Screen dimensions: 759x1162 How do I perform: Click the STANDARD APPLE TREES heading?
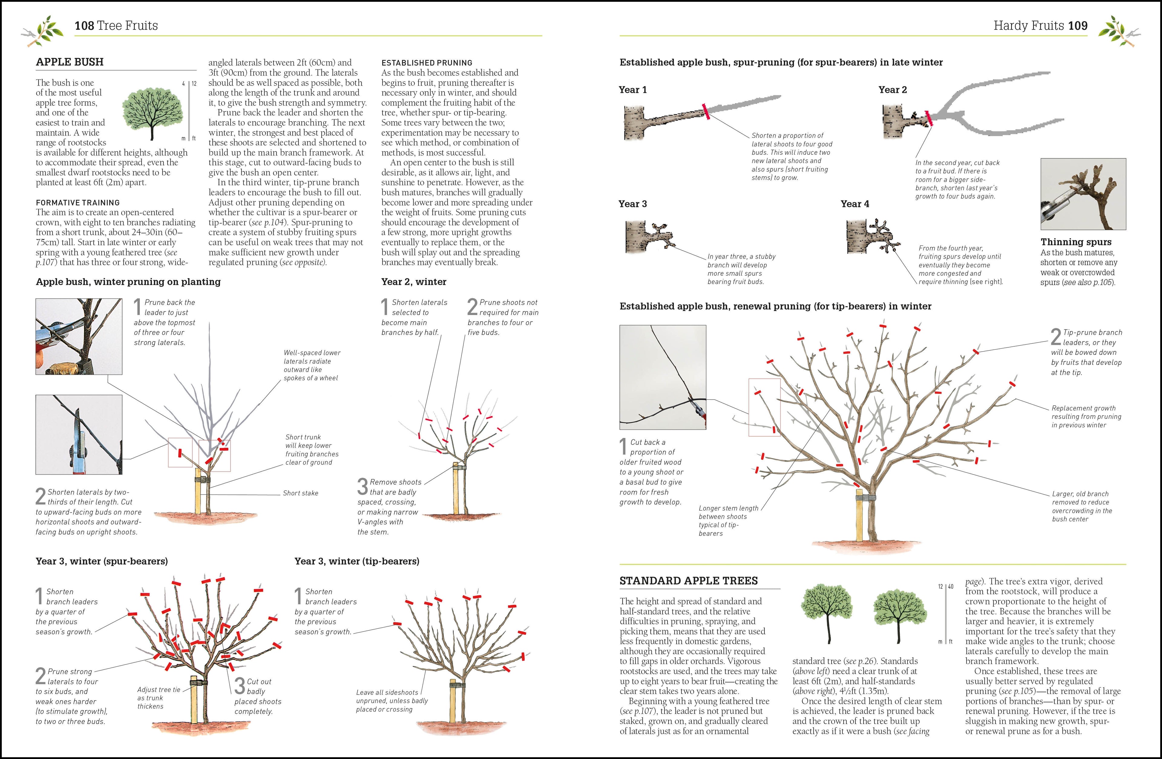pos(688,580)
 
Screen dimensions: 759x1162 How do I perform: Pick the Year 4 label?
pos(855,204)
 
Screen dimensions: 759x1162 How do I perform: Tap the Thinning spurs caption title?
pos(1075,242)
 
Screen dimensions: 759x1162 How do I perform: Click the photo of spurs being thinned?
pos(1083,194)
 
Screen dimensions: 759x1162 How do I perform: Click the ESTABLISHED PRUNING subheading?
pos(426,63)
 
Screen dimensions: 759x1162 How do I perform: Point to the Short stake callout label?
pos(300,493)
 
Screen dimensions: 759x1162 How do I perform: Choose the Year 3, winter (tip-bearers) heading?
pos(356,561)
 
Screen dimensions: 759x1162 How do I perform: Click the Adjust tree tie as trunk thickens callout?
pos(159,698)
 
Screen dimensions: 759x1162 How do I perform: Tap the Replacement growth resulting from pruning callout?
pos(1086,416)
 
